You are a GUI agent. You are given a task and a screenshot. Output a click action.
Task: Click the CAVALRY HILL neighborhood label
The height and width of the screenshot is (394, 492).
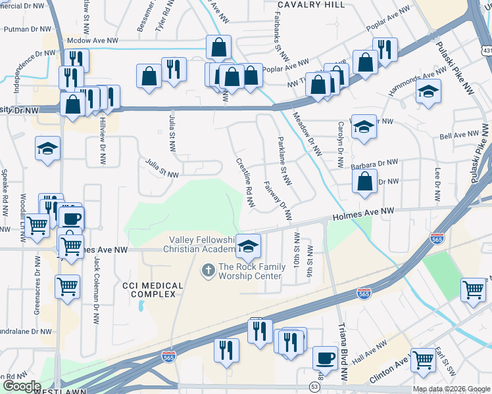pyautogui.click(x=310, y=5)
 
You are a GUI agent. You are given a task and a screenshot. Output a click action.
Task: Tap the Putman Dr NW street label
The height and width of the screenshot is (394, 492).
pyautogui.click(x=26, y=29)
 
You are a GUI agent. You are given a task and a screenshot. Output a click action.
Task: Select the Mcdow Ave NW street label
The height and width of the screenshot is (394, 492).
pyautogui.click(x=93, y=41)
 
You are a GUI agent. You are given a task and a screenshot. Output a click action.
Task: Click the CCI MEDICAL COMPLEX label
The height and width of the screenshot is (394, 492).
pyautogui.click(x=149, y=290)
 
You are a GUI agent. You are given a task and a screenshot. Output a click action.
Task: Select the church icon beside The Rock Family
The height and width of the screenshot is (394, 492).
pyautogui.click(x=208, y=269)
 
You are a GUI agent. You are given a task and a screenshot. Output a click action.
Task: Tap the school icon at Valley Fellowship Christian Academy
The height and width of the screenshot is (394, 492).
pyautogui.click(x=248, y=247)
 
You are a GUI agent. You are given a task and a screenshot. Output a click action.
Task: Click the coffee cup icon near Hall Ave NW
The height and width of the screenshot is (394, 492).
pyautogui.click(x=324, y=359)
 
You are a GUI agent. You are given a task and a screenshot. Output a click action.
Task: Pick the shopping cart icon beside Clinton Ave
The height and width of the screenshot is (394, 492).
pyautogui.click(x=424, y=360)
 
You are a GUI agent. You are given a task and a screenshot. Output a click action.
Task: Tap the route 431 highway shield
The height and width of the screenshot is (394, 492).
pyautogui.click(x=485, y=51)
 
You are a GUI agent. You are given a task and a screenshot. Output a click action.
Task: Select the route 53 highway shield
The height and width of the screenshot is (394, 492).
pyautogui.click(x=314, y=387)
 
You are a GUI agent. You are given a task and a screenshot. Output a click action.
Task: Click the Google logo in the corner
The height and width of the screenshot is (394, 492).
pyautogui.click(x=21, y=386)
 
